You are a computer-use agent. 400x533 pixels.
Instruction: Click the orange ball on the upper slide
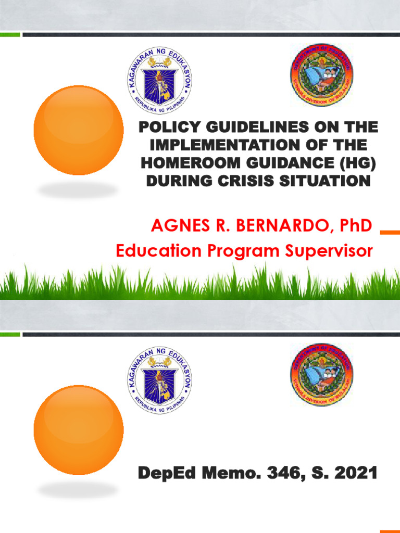[79, 130]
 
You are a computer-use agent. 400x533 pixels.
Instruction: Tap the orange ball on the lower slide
[79, 430]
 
